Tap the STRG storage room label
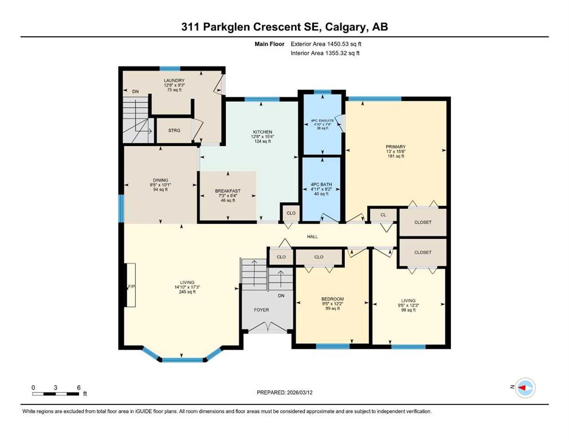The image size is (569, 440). pyautogui.click(x=174, y=130)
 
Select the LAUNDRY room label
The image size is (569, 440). pyautogui.click(x=174, y=81)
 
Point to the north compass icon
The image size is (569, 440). pyautogui.click(x=525, y=388)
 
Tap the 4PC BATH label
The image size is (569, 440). pyautogui.click(x=321, y=184)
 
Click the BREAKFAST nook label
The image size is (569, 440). pyautogui.click(x=228, y=191)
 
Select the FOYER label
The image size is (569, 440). pyautogui.click(x=261, y=310)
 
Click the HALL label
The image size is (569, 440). pyautogui.click(x=312, y=237)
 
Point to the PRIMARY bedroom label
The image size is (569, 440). pyautogui.click(x=395, y=147)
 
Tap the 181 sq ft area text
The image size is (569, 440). pyautogui.click(x=395, y=156)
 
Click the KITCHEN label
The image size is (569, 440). pyautogui.click(x=262, y=132)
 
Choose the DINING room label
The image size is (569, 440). pyautogui.click(x=160, y=180)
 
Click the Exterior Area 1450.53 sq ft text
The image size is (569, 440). pyautogui.click(x=326, y=44)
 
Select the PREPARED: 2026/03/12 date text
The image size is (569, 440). pyautogui.click(x=284, y=392)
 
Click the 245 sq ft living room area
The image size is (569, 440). pyautogui.click(x=187, y=292)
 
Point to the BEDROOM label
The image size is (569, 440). pyautogui.click(x=332, y=299)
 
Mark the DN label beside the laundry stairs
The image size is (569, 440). pyautogui.click(x=135, y=92)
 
